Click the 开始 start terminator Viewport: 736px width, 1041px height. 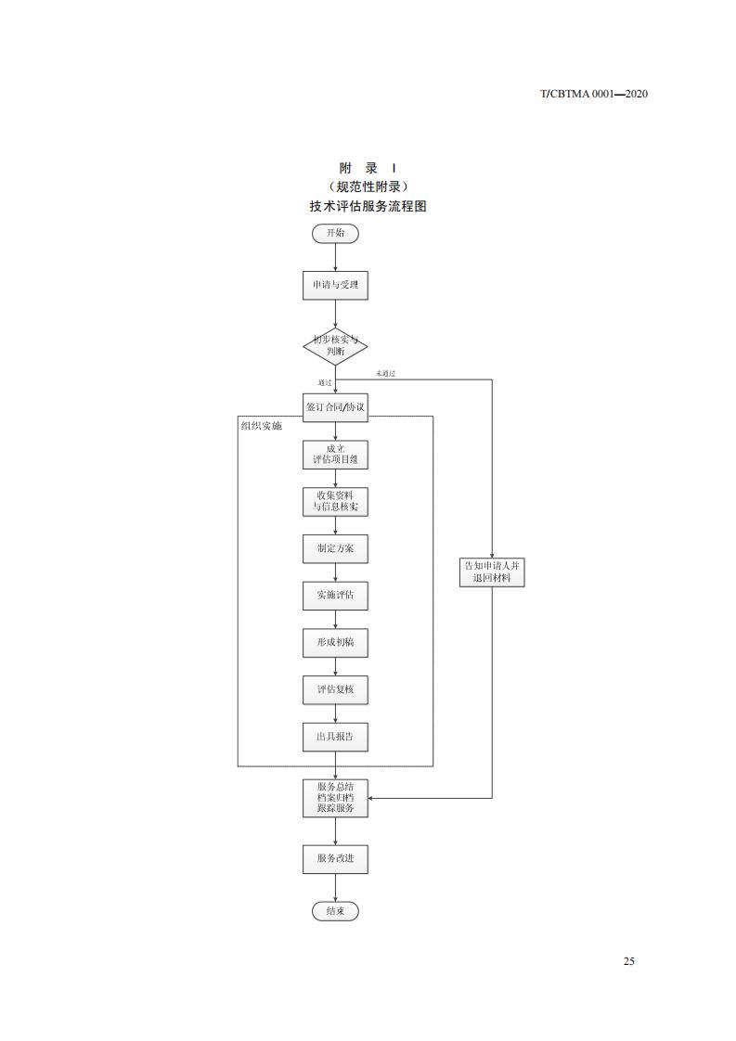click(335, 233)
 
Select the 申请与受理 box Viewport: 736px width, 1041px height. click(335, 286)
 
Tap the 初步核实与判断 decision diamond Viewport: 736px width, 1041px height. click(335, 346)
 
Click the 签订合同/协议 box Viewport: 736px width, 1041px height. click(335, 407)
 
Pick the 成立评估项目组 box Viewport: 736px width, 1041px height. click(335, 454)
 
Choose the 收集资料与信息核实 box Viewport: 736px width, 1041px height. click(335, 501)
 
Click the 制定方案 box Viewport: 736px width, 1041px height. click(335, 548)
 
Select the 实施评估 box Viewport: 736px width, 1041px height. click(335, 596)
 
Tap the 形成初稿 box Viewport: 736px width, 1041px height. click(335, 642)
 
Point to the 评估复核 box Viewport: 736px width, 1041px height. click(335, 689)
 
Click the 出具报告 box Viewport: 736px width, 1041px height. click(335, 737)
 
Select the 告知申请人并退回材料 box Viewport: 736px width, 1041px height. click(492, 572)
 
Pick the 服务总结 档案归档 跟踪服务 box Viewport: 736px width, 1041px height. click(335, 798)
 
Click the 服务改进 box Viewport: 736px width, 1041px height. click(335, 859)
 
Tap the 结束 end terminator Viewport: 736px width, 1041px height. click(335, 912)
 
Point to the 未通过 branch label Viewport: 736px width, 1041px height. click(385, 374)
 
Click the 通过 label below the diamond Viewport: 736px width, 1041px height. click(325, 382)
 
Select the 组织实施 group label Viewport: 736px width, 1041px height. click(261, 426)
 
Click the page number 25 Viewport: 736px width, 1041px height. click(629, 961)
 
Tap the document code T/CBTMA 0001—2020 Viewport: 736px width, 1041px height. click(593, 94)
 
